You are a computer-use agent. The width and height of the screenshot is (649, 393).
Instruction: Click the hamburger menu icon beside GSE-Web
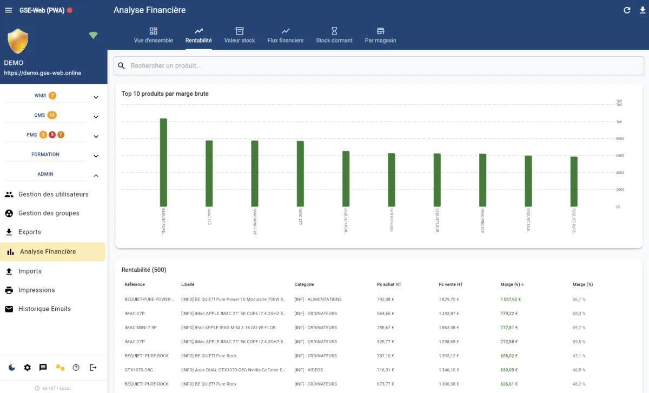(8, 10)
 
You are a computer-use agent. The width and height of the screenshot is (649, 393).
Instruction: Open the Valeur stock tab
(240, 35)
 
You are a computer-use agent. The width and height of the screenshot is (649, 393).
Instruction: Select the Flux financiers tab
(285, 35)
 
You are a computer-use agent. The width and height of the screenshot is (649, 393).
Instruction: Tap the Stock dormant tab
(334, 35)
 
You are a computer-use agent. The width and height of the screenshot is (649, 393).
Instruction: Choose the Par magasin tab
(380, 35)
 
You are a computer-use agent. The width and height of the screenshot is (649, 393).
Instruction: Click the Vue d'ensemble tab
(154, 35)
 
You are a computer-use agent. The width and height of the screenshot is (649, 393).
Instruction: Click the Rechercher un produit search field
(379, 66)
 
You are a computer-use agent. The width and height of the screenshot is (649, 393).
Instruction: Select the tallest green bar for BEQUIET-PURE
(163, 162)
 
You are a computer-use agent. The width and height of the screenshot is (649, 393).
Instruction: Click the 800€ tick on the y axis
(619, 139)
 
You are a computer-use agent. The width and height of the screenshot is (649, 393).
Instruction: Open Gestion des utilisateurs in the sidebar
(53, 195)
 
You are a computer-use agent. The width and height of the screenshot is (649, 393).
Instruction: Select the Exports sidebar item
(30, 232)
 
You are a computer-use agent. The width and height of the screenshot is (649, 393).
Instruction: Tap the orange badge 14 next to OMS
(52, 115)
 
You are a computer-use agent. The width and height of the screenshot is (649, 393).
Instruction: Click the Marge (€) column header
(512, 284)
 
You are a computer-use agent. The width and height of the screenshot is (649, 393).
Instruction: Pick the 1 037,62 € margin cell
(512, 299)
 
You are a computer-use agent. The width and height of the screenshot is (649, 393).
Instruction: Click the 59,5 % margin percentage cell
(579, 342)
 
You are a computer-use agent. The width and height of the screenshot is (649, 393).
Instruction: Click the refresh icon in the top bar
(627, 10)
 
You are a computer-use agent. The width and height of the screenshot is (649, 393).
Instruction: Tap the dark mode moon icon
(12, 368)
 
